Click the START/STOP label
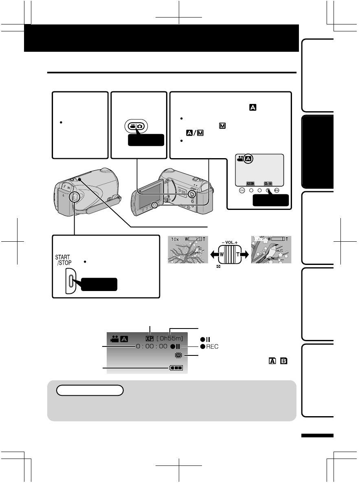pyautogui.click(x=63, y=260)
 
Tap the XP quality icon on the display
pyautogui.click(x=149, y=339)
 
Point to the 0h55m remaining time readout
pyautogui.click(x=170, y=339)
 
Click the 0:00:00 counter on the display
pyautogui.click(x=151, y=346)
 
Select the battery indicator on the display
pyautogui.click(x=176, y=368)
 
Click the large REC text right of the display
pyautogui.click(x=212, y=346)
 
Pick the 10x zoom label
pyautogui.click(x=175, y=239)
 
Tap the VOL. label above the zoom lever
pyautogui.click(x=230, y=243)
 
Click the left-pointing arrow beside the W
pyautogui.click(x=214, y=254)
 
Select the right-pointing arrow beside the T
pyautogui.click(x=245, y=254)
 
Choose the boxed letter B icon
pyautogui.click(x=284, y=361)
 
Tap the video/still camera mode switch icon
pyautogui.click(x=136, y=126)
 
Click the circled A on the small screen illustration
pyautogui.click(x=248, y=159)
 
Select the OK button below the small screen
pyautogui.click(x=242, y=190)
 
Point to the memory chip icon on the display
pyautogui.click(x=178, y=355)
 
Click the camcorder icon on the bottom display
pyautogui.click(x=114, y=339)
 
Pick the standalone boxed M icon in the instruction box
pyautogui.click(x=222, y=126)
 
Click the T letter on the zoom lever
pyautogui.click(x=237, y=254)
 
